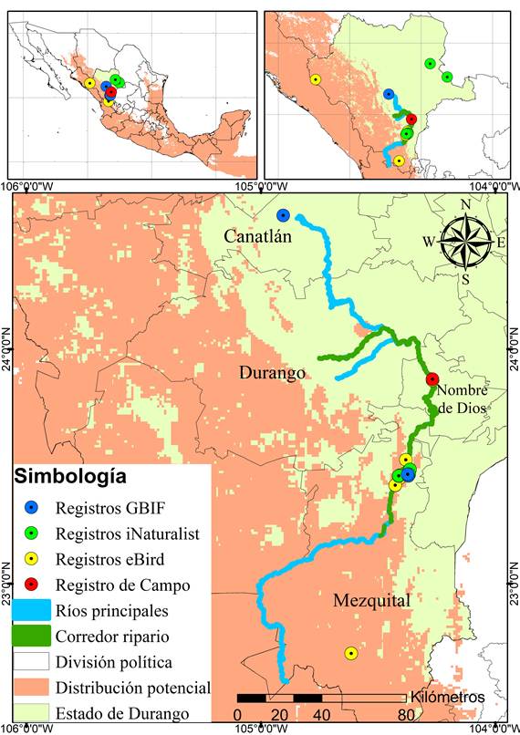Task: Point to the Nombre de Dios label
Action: pos(463,399)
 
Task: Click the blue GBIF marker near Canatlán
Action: pos(283,215)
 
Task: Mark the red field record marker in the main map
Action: pos(432,379)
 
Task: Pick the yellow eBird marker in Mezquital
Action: pos(350,653)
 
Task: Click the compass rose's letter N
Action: pos(465,204)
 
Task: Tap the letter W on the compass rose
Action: pos(429,242)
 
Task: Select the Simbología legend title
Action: pos(69,477)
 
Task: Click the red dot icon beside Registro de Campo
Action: pos(32,584)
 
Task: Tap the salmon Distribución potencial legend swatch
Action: pos(32,687)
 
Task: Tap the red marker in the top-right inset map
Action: pos(411,119)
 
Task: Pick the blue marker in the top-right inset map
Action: pos(389,94)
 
